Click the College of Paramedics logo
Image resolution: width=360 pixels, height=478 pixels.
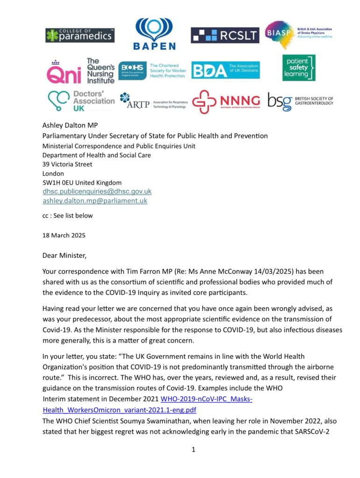pyautogui.click(x=80, y=35)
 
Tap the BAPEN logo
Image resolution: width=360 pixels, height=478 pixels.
pyautogui.click(x=154, y=34)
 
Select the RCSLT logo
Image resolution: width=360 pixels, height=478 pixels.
pyautogui.click(x=225, y=35)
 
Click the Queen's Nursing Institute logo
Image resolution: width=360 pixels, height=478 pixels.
pyautogui.click(x=80, y=71)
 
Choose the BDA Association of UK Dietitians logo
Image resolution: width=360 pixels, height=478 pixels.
pyautogui.click(x=225, y=70)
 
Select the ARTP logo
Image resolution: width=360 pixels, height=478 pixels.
pyautogui.click(x=153, y=101)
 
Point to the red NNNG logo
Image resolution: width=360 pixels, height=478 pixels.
pyautogui.click(x=226, y=101)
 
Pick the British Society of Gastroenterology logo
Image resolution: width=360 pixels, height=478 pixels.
pyautogui.click(x=300, y=101)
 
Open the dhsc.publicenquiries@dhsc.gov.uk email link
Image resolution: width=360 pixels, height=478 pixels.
pyautogui.click(x=97, y=192)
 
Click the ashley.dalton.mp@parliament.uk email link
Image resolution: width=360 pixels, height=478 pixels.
pyautogui.click(x=95, y=201)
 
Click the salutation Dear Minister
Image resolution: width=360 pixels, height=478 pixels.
pyautogui.click(x=64, y=256)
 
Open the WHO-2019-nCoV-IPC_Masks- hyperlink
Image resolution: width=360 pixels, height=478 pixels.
pyautogui.click(x=206, y=400)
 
